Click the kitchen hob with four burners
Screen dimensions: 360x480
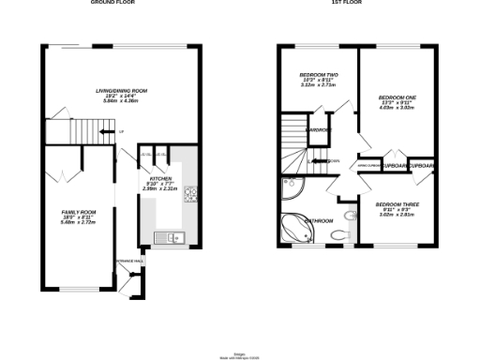[188, 196]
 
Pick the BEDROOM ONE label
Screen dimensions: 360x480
[395, 97]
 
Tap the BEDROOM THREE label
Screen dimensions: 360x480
[396, 204]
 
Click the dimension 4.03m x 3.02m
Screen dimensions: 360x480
[395, 108]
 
